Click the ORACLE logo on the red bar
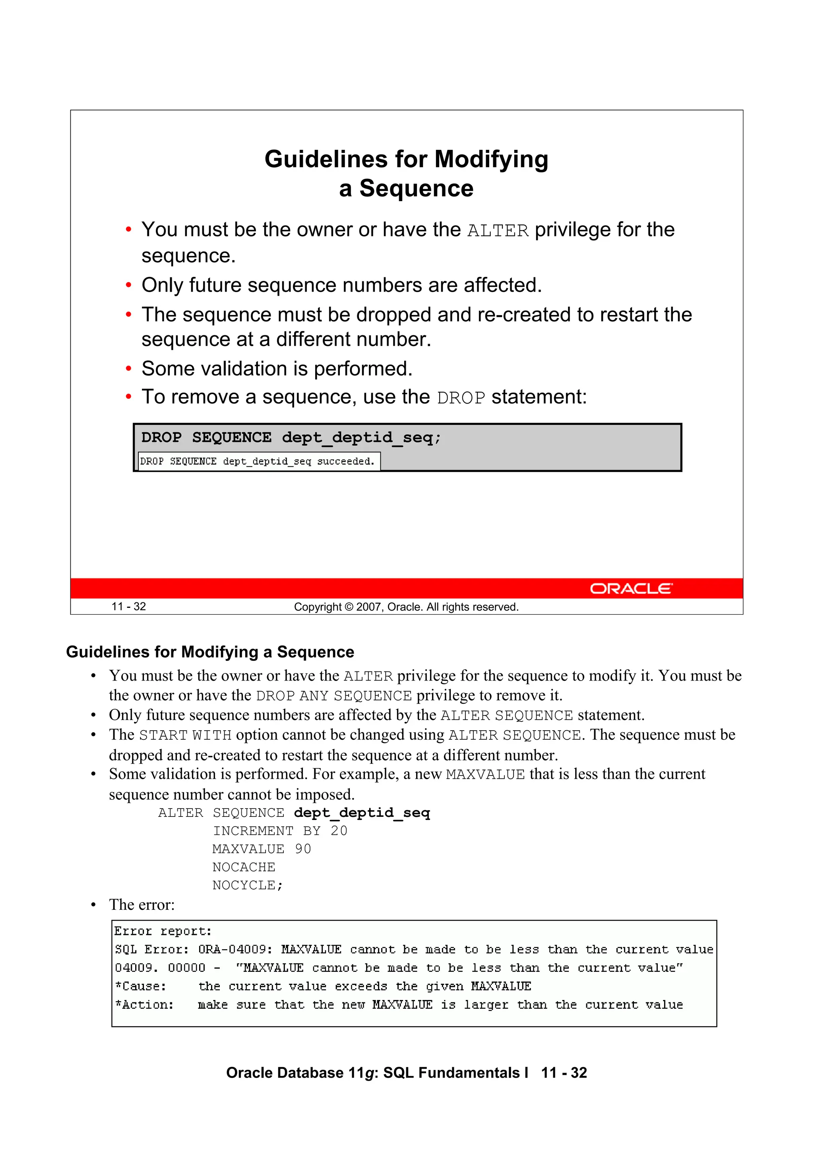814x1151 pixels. coord(631,588)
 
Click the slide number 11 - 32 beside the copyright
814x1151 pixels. coord(128,607)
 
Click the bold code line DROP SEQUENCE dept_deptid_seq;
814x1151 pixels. coord(291,438)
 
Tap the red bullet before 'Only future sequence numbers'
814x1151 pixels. coord(129,285)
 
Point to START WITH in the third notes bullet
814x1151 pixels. coord(185,735)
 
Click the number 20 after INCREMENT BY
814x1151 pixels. coord(339,831)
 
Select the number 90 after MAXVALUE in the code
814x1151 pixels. coord(303,849)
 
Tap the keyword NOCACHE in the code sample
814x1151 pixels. coord(244,867)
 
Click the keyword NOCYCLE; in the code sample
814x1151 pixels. coord(248,885)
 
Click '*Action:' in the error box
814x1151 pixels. coord(144,1005)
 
